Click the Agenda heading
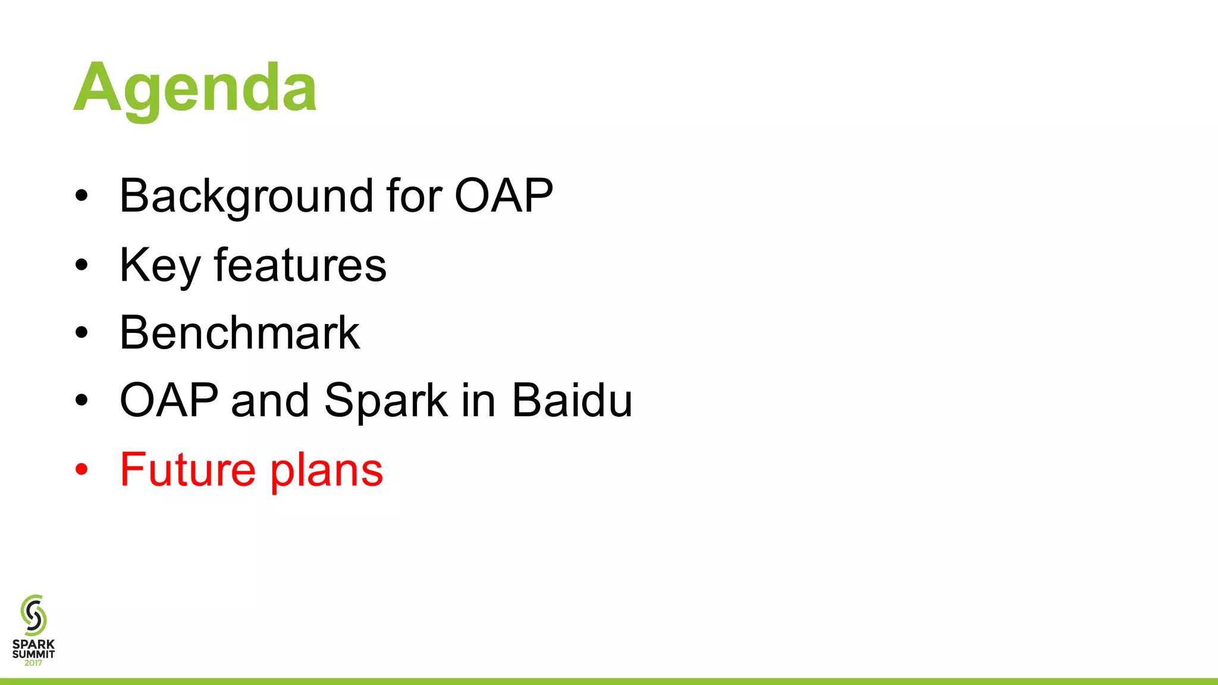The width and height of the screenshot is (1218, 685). pos(195,88)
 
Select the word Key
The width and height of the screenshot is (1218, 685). pos(159,265)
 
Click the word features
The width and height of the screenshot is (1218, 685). pos(300,265)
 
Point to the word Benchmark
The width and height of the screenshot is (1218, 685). pos(240,332)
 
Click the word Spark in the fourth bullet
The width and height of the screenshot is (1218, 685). pos(386,400)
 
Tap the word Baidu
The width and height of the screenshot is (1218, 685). pos(572,400)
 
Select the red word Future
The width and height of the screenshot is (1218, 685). pos(188,470)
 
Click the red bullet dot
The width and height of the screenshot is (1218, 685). pos(81,470)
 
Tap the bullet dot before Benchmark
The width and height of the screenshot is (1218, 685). pos(81,333)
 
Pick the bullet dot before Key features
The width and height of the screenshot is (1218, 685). pos(81,265)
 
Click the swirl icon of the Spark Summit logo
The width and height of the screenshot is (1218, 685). pos(33,615)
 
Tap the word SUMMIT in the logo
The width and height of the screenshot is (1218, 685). pos(33,654)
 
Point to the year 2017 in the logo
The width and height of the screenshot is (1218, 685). pos(33,663)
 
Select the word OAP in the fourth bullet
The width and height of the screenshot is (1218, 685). pos(169,400)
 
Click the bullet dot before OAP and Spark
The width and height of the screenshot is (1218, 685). pos(81,401)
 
